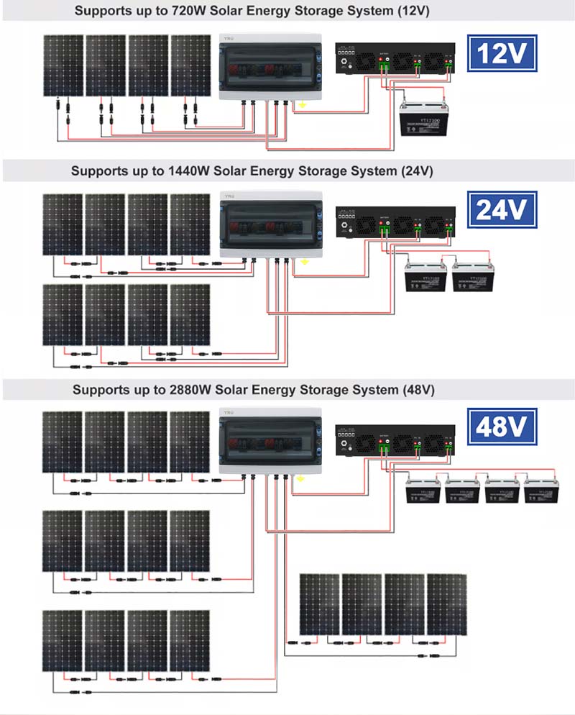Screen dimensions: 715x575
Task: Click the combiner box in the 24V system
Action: (270, 224)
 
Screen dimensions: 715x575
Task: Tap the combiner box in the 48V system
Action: (270, 440)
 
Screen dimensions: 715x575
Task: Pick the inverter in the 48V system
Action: (395, 439)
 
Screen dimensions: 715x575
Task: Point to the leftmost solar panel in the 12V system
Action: (63, 65)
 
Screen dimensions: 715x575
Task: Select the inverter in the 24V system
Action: (395, 222)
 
